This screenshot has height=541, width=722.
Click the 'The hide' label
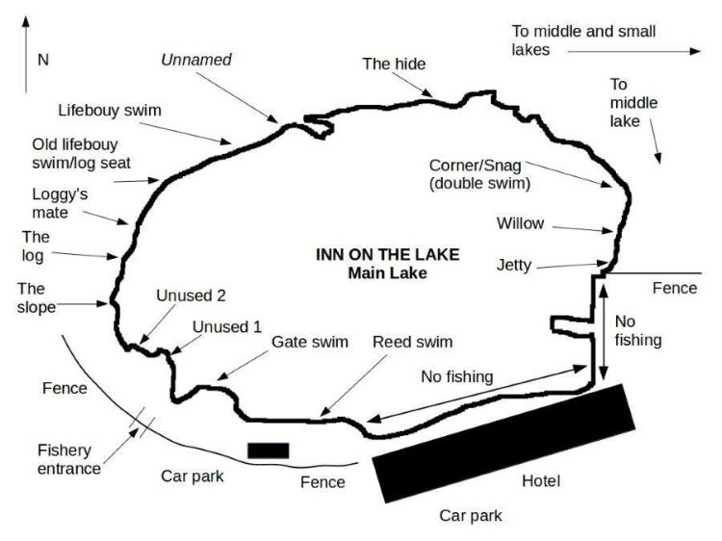394,64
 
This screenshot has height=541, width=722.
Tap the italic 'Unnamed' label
196,60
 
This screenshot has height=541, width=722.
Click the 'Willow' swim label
520,223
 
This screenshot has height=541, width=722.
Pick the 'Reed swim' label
412,342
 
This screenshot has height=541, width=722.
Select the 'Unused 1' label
227,326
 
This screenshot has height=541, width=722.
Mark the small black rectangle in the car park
268,450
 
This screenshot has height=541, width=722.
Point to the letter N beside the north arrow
42,60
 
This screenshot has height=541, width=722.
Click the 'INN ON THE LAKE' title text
388,255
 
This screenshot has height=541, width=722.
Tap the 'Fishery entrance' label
68,459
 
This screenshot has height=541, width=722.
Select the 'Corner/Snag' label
479,172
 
